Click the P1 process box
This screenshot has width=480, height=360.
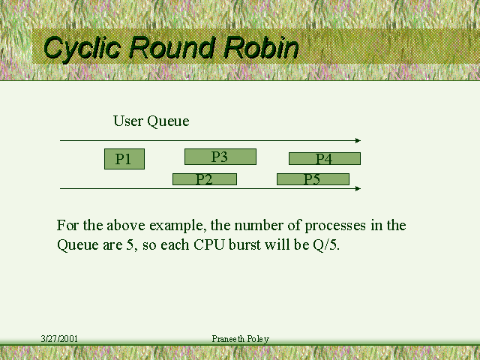[124, 159]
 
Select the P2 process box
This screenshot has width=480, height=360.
[205, 179]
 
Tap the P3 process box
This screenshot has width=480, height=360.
[220, 157]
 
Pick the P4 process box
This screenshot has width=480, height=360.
[325, 158]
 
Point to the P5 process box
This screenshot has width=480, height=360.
[313, 179]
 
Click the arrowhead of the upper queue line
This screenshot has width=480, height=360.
[358, 141]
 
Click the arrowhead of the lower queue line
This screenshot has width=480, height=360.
[358, 188]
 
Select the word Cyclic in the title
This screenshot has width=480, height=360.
[82, 48]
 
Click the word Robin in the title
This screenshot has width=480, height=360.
[261, 48]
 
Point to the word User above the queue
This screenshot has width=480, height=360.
[127, 121]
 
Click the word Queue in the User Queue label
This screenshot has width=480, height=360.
[168, 121]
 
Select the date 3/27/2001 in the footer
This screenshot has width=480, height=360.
[59, 339]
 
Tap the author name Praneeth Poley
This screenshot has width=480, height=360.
[240, 339]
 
